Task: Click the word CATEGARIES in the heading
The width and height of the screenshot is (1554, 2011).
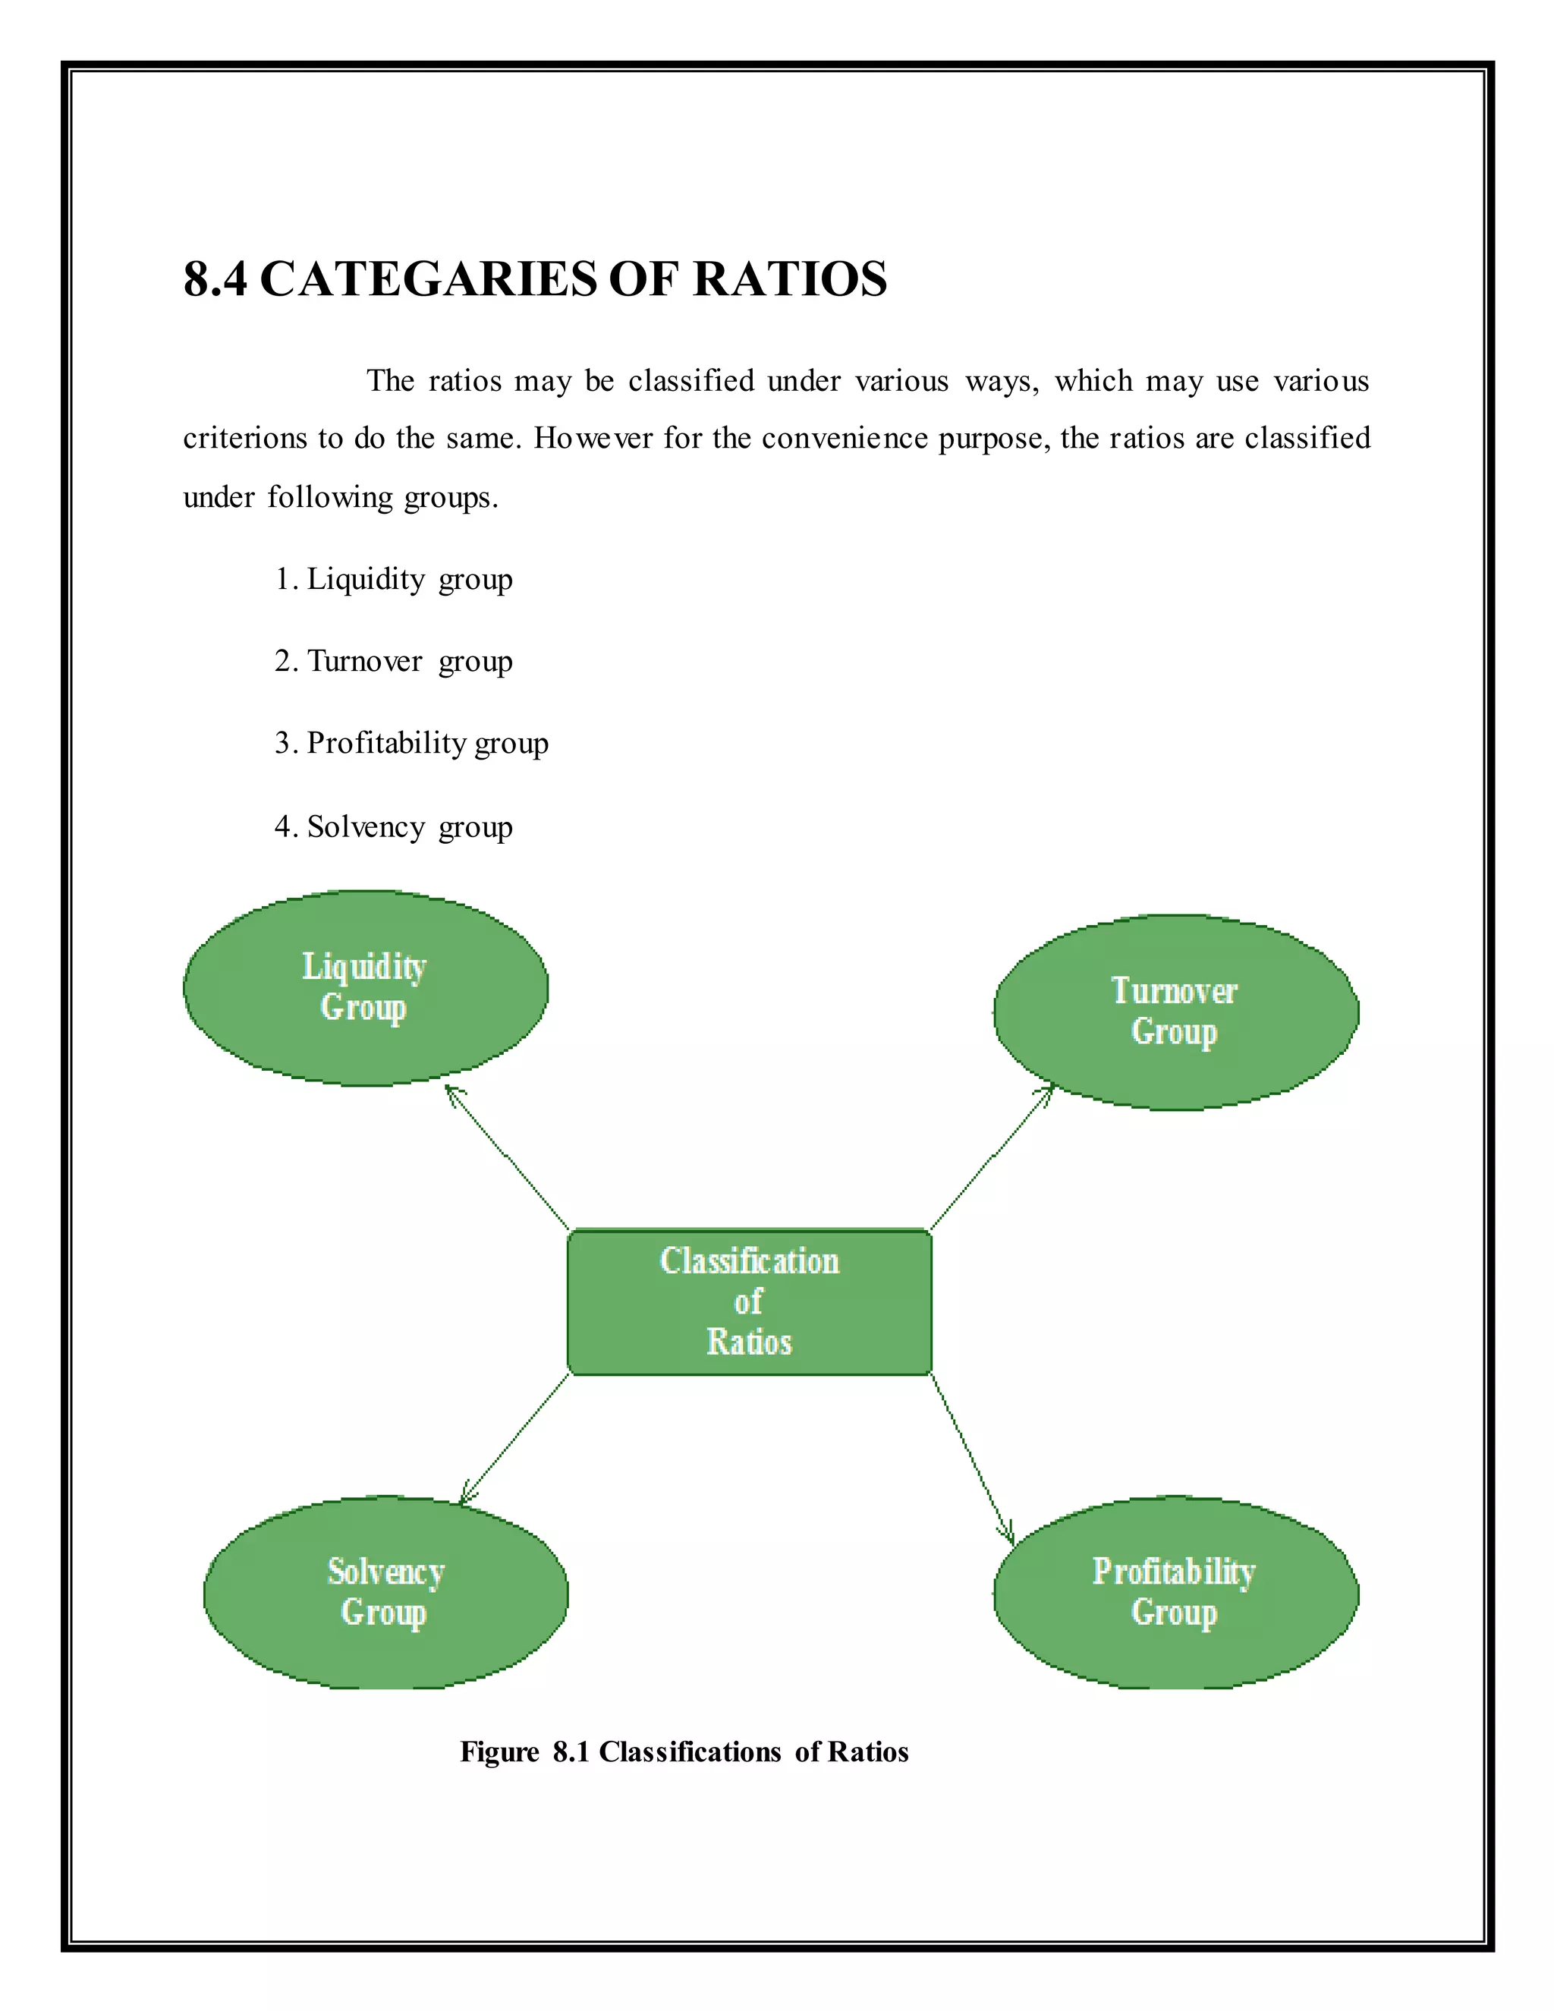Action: pyautogui.click(x=427, y=279)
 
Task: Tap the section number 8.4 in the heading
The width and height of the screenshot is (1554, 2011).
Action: pyautogui.click(x=215, y=279)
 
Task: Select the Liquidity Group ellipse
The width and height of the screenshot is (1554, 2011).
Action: pyautogui.click(x=366, y=987)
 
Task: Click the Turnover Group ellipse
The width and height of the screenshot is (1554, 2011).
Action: pyautogui.click(x=1175, y=1012)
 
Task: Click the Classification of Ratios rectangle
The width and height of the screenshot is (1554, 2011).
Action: pyautogui.click(x=750, y=1302)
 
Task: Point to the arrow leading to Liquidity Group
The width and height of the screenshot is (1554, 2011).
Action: pyautogui.click(x=508, y=1157)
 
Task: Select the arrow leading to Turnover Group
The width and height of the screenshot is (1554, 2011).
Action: pyautogui.click(x=992, y=1157)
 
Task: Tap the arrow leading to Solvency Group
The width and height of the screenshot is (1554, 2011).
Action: pyautogui.click(x=514, y=1439)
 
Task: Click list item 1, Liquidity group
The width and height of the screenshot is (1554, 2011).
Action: pyautogui.click(x=394, y=579)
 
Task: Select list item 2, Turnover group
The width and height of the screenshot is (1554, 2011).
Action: pyautogui.click(x=394, y=661)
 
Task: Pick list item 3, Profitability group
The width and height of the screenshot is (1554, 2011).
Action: pyautogui.click(x=411, y=743)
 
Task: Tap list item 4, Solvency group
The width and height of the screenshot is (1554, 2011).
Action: pyautogui.click(x=394, y=827)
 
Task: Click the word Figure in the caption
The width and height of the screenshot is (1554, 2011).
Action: pyautogui.click(x=500, y=1751)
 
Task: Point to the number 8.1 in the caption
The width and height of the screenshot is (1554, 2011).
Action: pyautogui.click(x=570, y=1751)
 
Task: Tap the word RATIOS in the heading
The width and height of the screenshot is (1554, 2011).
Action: pyautogui.click(x=790, y=279)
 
